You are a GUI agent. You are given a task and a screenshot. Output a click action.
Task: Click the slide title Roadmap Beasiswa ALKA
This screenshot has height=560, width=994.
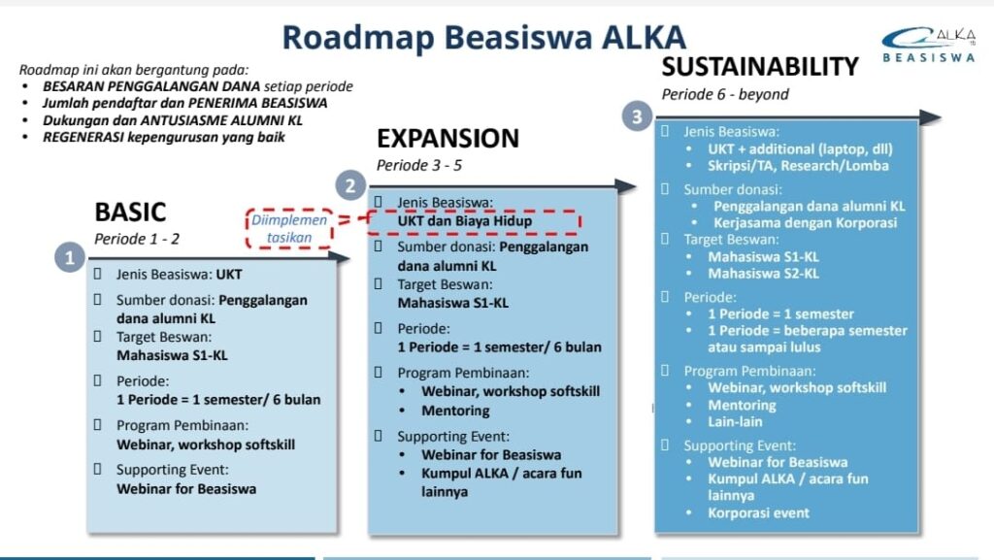coord(483,38)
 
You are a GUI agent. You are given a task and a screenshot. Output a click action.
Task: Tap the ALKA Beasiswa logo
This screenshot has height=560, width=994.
coord(929,45)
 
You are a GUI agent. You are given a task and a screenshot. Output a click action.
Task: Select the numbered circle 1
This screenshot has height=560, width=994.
coord(70,258)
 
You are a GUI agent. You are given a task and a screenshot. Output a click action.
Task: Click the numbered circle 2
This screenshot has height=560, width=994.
coord(350,185)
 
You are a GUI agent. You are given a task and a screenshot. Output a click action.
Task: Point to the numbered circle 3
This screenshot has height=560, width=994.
coord(637,116)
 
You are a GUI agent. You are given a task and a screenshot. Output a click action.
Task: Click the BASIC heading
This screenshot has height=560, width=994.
coord(130,213)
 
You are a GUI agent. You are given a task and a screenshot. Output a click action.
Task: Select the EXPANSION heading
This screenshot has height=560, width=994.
coord(447,138)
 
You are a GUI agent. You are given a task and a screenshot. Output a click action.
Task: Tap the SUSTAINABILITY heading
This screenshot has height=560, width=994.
coord(760,67)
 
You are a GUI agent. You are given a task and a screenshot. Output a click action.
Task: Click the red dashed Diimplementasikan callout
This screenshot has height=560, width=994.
coord(289,229)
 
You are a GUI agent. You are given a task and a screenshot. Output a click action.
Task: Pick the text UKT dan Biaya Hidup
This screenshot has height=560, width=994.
coord(465,221)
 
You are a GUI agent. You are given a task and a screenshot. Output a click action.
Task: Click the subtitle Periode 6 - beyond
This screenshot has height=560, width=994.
coord(725,94)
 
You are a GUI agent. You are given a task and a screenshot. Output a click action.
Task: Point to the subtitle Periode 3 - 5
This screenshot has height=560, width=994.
coord(419,165)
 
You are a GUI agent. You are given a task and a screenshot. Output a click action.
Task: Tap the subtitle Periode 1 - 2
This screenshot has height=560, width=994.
coord(137,239)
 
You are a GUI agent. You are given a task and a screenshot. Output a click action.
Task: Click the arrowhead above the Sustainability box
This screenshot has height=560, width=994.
coord(930,117)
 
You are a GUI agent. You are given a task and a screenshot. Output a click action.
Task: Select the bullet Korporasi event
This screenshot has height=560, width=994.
coord(758,513)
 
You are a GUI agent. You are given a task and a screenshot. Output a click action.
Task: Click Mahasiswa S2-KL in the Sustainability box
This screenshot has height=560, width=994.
coord(763,274)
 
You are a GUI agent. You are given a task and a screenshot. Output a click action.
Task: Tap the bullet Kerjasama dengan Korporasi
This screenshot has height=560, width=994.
coord(805,223)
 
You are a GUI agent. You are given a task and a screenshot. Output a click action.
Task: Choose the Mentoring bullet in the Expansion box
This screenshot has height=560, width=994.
coord(455,412)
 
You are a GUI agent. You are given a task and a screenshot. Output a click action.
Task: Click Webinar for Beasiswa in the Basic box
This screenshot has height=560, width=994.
coord(186,489)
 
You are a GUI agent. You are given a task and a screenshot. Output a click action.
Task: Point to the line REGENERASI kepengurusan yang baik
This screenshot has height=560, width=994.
coord(163,138)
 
